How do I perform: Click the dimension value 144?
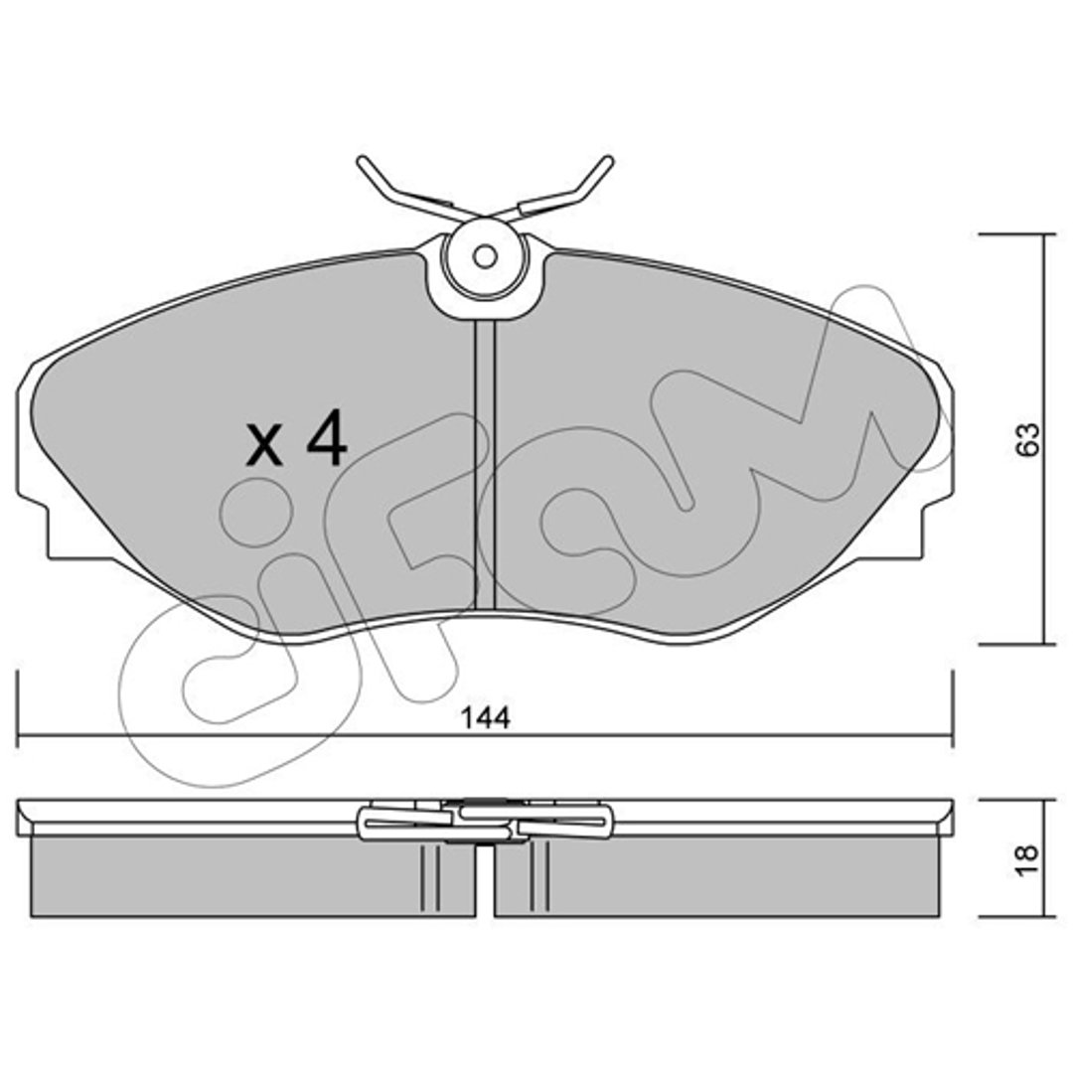(485, 718)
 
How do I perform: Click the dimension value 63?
(1027, 440)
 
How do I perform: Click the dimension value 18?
(1027, 858)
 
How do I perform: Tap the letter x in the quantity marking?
(264, 447)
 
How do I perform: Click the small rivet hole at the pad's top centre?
(485, 257)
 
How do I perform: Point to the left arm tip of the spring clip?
(362, 162)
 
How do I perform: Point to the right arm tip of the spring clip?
(607, 162)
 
